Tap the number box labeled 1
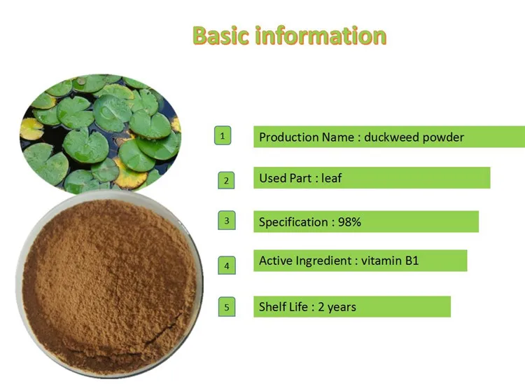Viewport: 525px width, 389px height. click(223, 136)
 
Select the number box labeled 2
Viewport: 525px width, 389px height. click(225, 179)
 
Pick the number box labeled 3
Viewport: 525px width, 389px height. click(226, 221)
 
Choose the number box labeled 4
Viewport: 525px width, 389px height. click(226, 265)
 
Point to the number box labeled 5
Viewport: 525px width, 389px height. click(225, 306)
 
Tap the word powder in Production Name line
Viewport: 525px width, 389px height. click(443, 137)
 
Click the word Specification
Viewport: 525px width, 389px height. click(293, 222)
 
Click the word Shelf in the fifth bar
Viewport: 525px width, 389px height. click(273, 307)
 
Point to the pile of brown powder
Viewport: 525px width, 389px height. click(105, 280)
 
